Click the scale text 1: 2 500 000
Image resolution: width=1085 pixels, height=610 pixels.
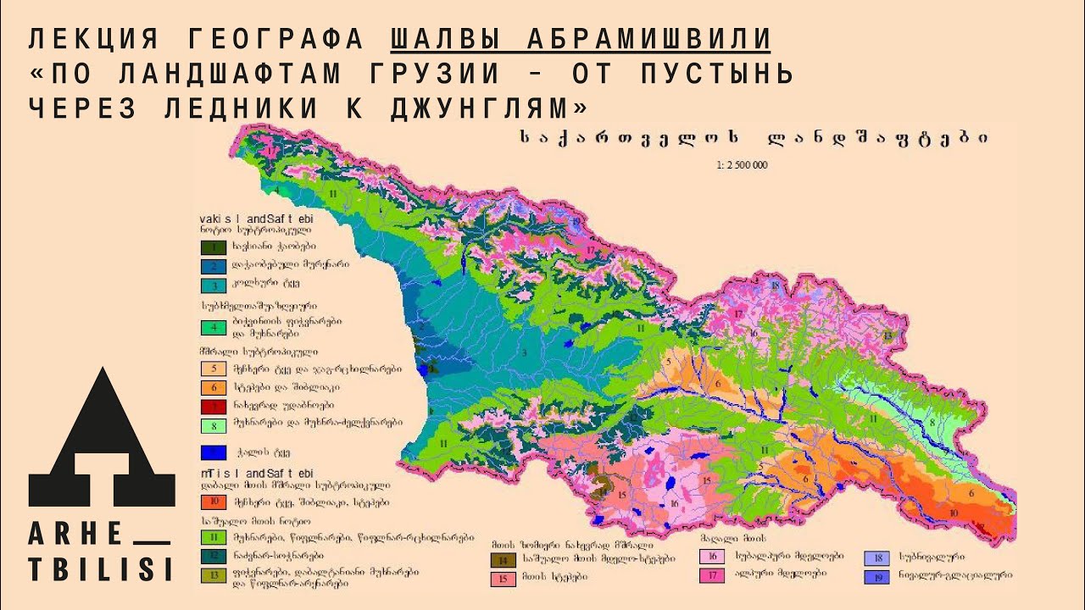coord(742,165)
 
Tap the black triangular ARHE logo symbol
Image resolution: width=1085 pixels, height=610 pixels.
coord(102,441)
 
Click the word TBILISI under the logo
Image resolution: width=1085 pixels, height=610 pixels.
coord(101,568)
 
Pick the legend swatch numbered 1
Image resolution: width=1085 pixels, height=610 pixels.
coord(214,248)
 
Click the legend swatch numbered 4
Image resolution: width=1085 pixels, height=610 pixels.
coord(214,327)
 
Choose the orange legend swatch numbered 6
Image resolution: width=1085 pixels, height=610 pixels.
coord(214,387)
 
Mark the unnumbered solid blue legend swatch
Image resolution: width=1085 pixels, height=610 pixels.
coord(214,452)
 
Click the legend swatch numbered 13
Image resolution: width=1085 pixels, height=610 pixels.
coord(214,576)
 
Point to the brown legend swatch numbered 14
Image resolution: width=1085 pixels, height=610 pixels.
coord(504,560)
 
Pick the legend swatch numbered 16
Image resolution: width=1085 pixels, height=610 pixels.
coord(710,557)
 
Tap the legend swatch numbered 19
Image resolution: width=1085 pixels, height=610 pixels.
coord(876,577)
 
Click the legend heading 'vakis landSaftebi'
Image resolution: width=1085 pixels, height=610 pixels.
coord(246,217)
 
